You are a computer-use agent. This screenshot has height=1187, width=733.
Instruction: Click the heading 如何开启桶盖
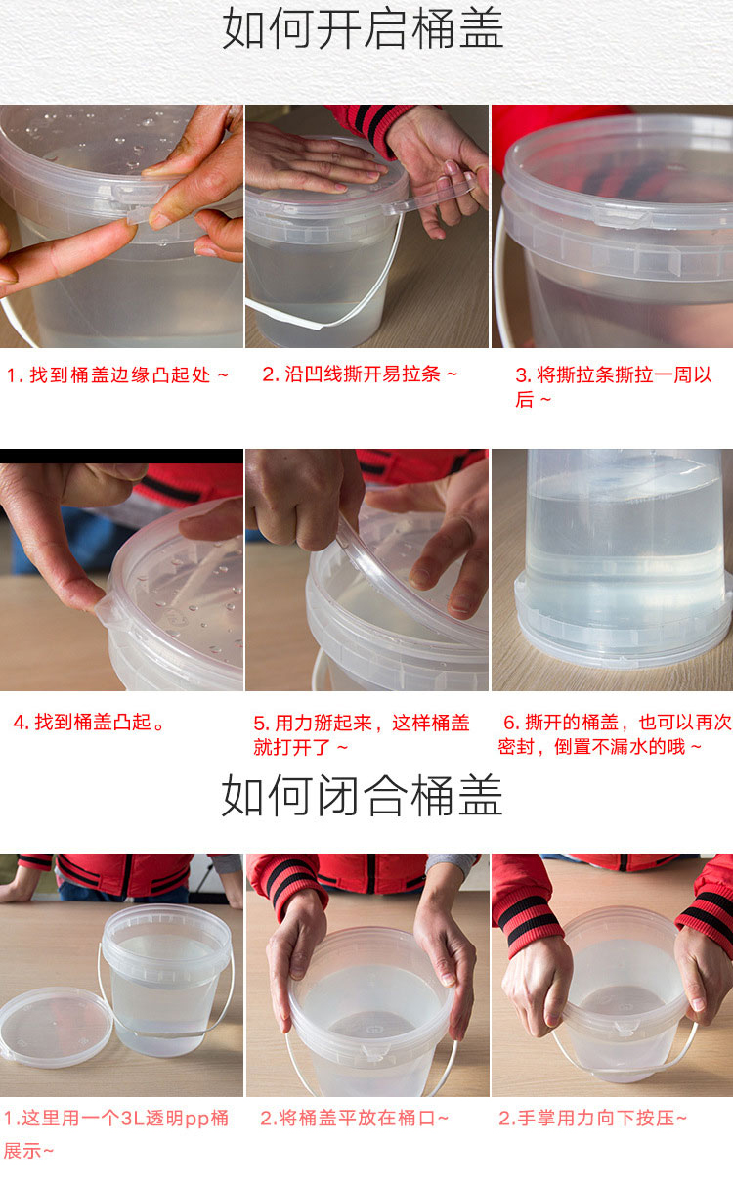click(x=363, y=29)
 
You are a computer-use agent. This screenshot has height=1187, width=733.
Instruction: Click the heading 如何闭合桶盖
click(x=363, y=795)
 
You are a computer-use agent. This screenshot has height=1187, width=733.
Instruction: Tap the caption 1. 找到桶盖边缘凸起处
click(x=117, y=374)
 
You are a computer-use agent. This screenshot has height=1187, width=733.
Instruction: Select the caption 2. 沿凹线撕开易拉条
click(x=360, y=374)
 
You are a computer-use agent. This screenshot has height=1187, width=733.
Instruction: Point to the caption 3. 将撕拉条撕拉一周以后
click(x=614, y=387)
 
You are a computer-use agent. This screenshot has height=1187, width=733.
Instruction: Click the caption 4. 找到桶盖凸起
click(x=90, y=722)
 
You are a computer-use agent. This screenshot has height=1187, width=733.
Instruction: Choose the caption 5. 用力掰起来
click(x=362, y=734)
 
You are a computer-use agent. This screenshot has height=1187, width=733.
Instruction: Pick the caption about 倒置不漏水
click(x=615, y=734)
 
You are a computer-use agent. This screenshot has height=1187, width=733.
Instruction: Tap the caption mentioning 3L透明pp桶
click(x=116, y=1133)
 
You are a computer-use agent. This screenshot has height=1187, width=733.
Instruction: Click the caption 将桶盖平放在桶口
click(x=355, y=1119)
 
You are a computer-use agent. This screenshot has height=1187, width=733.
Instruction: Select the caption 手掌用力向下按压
click(x=592, y=1119)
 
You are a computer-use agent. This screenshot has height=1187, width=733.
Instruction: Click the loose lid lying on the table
click(x=55, y=1027)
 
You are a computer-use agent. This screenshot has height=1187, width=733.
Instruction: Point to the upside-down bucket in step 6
click(x=624, y=556)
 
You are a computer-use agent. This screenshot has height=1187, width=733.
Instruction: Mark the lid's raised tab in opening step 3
click(x=623, y=217)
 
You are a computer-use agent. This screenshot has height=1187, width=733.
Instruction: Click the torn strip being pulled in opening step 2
click(x=432, y=195)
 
